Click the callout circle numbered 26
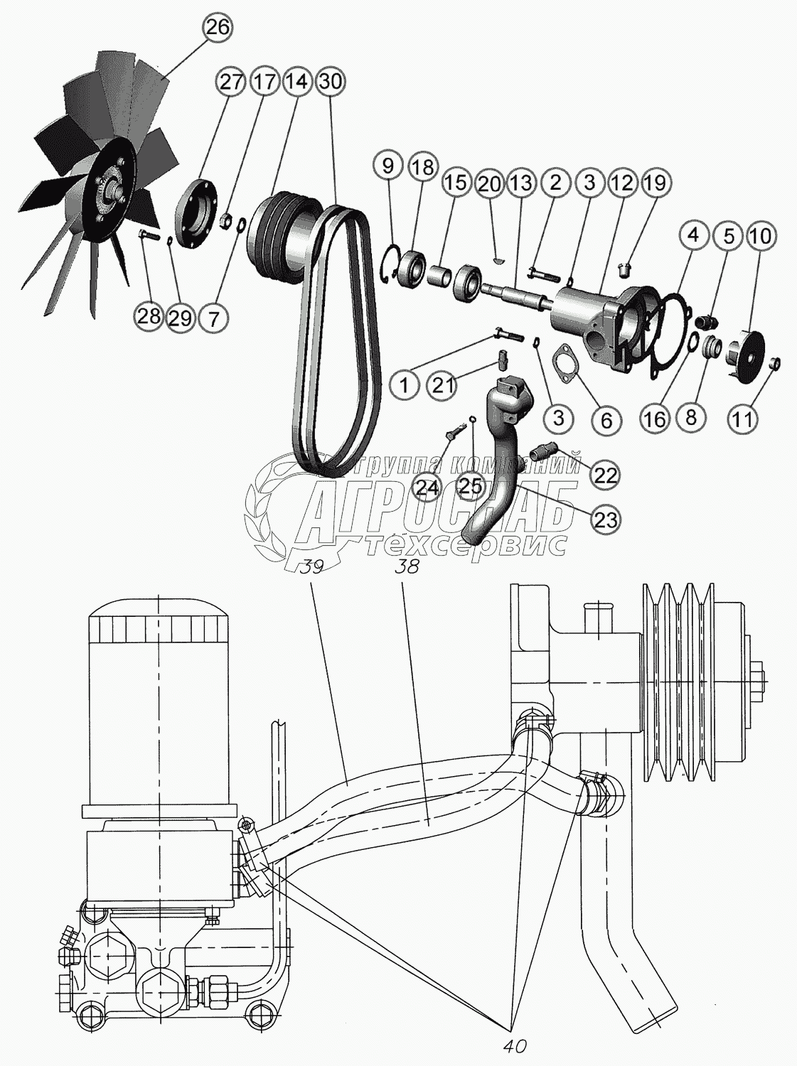click(x=218, y=28)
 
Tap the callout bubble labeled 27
click(x=231, y=82)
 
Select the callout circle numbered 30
click(x=331, y=82)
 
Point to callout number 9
click(x=387, y=167)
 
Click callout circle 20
click(x=488, y=184)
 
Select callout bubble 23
click(x=606, y=519)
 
